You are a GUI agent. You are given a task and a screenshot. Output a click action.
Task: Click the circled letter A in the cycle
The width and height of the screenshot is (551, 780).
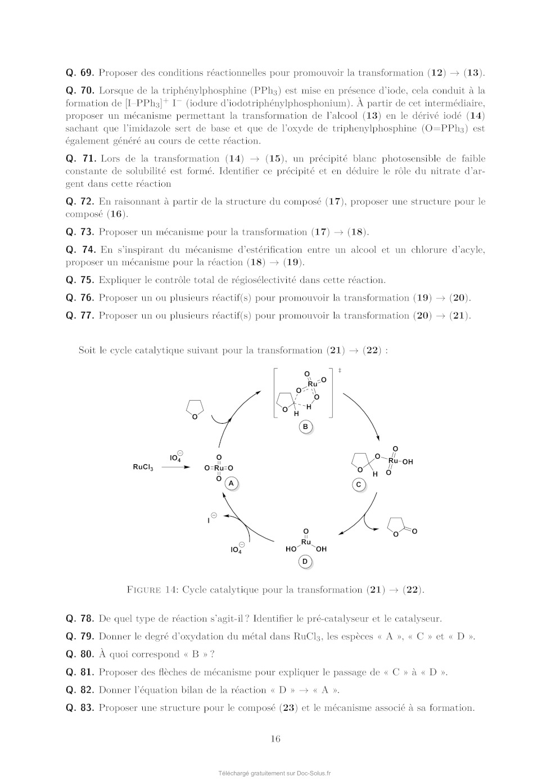point(231,483)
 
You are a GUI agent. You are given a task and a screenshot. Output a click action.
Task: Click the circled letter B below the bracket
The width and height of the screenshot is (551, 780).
point(305,427)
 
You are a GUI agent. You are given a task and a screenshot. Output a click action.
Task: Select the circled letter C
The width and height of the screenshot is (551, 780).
point(359,485)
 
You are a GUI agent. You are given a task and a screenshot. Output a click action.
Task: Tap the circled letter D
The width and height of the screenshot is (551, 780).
point(305,562)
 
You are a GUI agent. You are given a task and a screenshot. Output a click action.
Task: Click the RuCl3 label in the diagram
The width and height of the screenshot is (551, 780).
point(143,467)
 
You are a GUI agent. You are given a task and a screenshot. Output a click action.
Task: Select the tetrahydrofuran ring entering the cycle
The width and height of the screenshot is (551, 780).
point(195,408)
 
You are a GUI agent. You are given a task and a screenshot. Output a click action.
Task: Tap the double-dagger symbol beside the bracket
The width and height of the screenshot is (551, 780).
point(340,370)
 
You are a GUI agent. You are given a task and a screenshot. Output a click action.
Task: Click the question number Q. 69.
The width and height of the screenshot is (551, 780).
point(79,73)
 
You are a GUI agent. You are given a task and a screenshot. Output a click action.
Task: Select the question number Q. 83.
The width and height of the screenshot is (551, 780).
point(79,708)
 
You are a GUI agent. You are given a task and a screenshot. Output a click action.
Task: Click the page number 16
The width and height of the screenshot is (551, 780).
point(275,739)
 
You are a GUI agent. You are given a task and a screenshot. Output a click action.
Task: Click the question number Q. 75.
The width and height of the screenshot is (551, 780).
point(79,280)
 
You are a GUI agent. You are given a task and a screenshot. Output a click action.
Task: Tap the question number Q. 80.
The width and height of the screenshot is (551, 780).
point(79,655)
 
